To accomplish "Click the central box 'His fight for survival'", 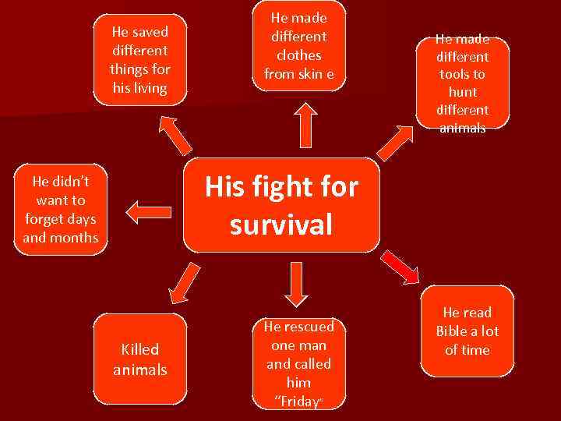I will [281, 206].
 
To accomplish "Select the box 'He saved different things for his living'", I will [140, 59].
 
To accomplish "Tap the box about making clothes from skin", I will [298, 47].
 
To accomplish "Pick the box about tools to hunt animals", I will [463, 83].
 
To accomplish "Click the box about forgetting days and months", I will [61, 209].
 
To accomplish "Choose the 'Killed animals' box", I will [140, 359].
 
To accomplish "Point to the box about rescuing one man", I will [298, 363].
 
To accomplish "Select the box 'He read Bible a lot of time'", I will [467, 331].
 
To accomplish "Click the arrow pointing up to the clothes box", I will [298, 121].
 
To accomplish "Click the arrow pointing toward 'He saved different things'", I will [177, 135].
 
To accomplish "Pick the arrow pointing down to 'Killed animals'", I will [184, 283].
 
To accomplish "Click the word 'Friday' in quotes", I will [298, 402].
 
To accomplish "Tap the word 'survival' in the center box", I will [281, 225].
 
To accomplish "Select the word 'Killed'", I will [140, 349].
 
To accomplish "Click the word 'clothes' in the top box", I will [298, 55].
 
